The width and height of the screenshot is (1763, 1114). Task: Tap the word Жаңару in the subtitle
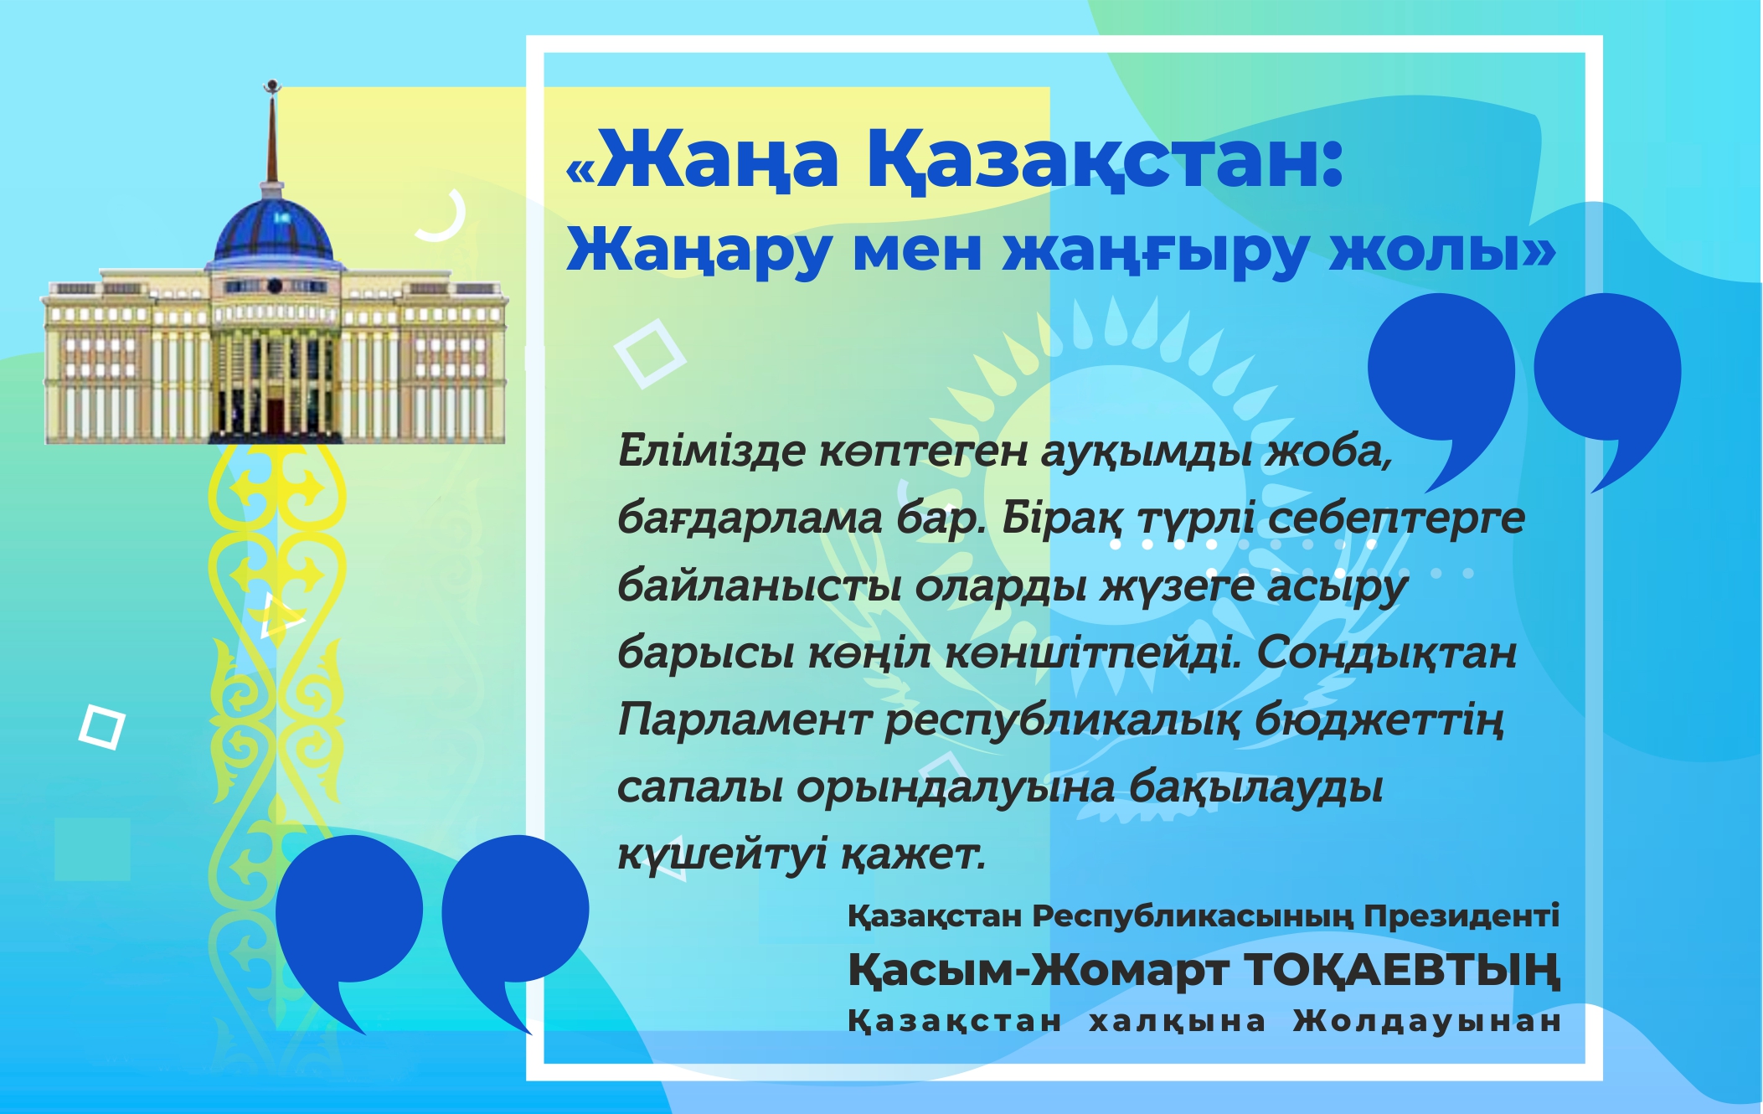pos(698,250)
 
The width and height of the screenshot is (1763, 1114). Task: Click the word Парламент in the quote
pos(744,720)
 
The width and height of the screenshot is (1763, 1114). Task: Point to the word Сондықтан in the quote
pos(1386,653)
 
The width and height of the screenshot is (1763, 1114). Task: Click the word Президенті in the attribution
pos(1461,915)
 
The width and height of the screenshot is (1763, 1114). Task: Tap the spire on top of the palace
pos(271,134)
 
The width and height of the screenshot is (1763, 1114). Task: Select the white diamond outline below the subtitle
pos(649,353)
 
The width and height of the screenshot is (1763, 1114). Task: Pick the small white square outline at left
pos(101,727)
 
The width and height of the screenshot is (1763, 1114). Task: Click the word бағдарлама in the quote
pos(750,519)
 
